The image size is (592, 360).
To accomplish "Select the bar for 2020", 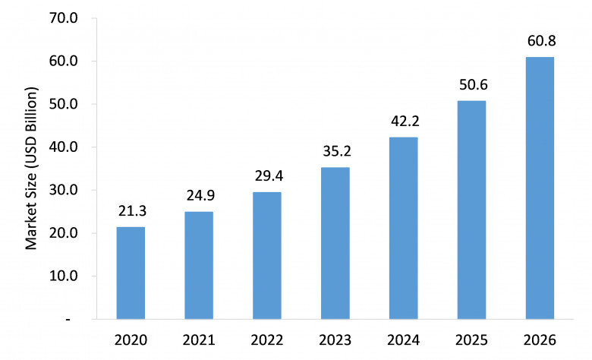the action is point(131,273).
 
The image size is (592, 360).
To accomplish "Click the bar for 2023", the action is point(335,243).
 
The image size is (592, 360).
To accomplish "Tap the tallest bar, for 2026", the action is point(540,188).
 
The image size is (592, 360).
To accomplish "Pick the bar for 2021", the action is point(199,265).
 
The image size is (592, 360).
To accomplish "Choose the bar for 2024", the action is point(404,228).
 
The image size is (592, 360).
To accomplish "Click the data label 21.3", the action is point(132,211).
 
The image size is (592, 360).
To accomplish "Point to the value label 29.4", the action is point(269,176).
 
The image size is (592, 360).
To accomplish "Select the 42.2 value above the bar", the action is point(405,122).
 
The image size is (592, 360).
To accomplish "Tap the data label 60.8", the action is point(541,41).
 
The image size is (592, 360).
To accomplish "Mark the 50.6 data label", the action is point(474,85).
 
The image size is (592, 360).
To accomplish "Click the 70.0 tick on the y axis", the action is point(64,17).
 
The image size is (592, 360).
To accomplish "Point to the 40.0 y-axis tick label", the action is point(64,147).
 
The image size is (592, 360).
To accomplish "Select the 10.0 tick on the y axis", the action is point(64,276).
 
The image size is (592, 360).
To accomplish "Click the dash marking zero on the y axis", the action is point(68,320).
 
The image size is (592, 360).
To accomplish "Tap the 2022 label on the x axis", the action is point(267,340).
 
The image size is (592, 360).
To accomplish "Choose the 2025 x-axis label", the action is point(471,340).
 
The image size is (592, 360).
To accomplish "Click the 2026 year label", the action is point(540,340).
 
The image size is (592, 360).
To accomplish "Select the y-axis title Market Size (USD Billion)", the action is point(32,169).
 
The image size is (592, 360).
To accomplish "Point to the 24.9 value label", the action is point(200,196).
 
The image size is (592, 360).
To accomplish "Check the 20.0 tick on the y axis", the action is point(64,233).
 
